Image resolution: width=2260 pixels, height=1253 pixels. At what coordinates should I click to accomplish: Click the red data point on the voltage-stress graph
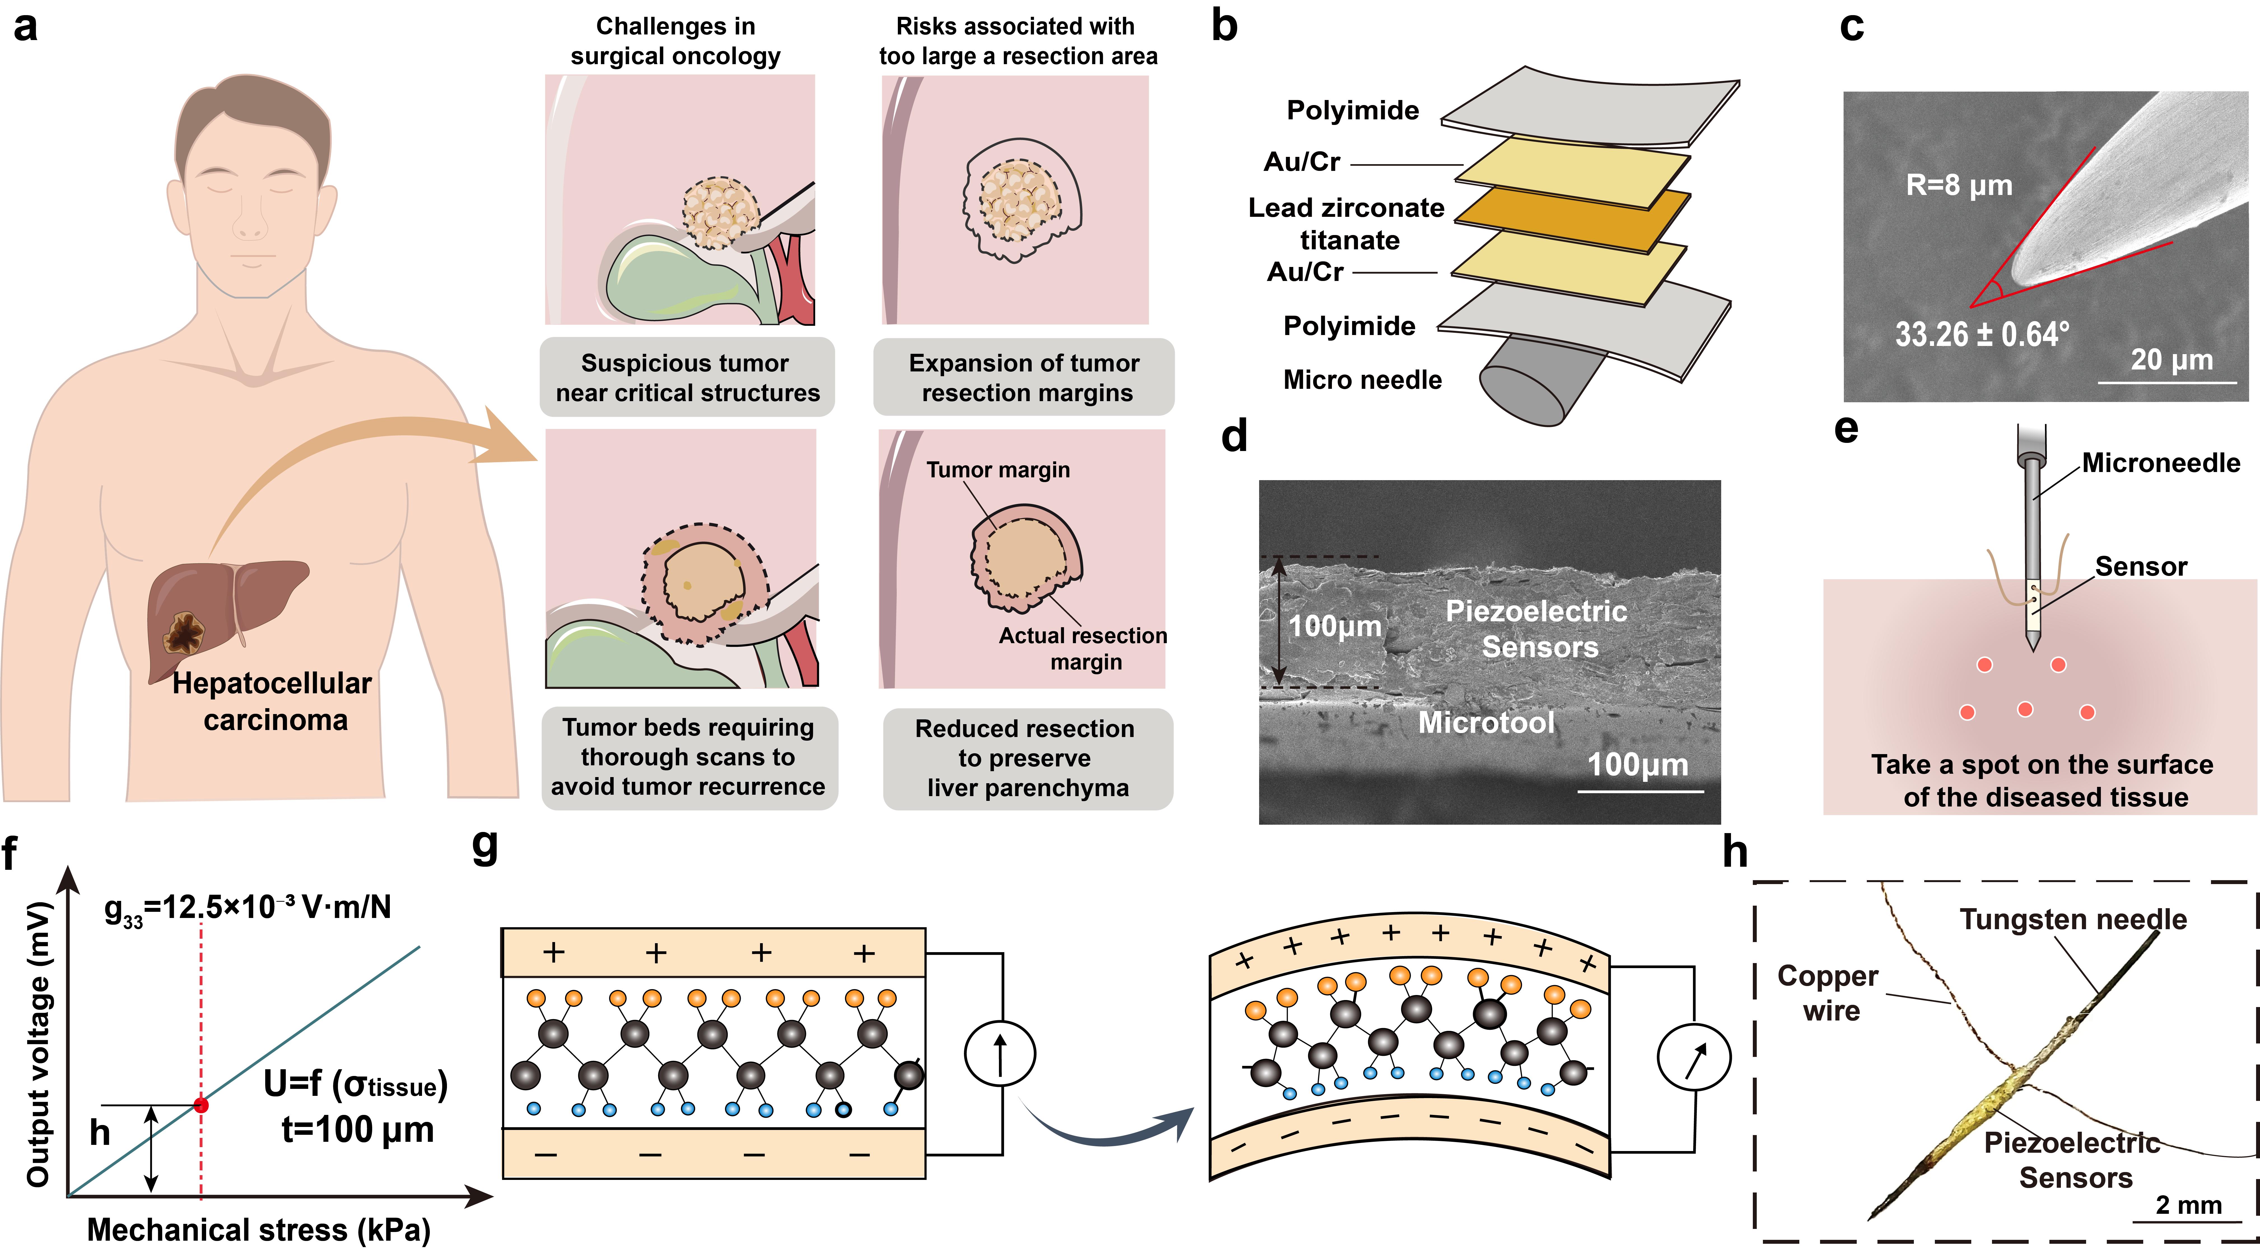coord(201,1105)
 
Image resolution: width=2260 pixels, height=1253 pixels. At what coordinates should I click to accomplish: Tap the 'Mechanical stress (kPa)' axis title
coord(259,1229)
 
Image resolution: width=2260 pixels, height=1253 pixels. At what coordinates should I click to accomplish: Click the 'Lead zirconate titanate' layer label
coord(1347,224)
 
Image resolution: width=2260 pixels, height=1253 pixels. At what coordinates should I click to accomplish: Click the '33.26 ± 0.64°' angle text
coord(1982,334)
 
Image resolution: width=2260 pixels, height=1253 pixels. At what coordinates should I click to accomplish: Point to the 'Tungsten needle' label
coord(2073,919)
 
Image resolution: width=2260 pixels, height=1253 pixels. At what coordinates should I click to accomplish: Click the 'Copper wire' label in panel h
coord(1828,992)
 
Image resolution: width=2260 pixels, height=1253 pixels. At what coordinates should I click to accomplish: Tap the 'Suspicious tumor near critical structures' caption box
coord(687,377)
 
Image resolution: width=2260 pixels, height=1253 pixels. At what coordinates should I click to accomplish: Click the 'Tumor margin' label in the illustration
coord(998,470)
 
